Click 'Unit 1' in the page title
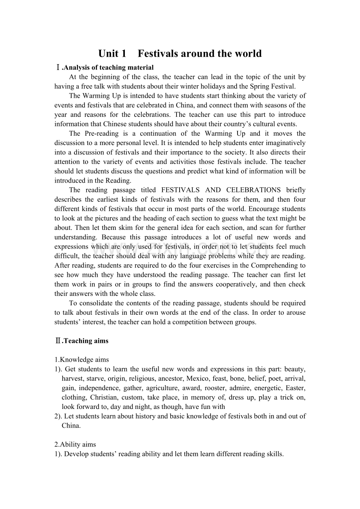[x=112, y=54]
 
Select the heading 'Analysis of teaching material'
[x=108, y=68]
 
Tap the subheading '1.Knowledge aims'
[x=82, y=360]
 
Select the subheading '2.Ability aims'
[x=75, y=444]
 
